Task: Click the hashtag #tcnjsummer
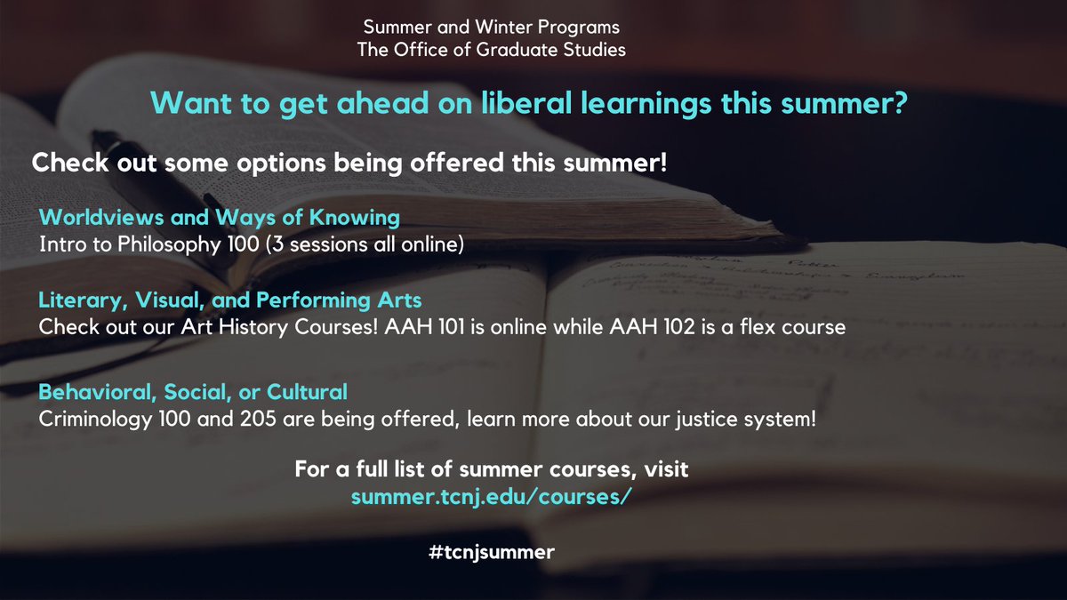point(490,552)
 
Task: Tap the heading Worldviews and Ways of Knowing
point(220,217)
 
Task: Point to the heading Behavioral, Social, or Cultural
point(193,391)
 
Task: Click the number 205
point(224,417)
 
